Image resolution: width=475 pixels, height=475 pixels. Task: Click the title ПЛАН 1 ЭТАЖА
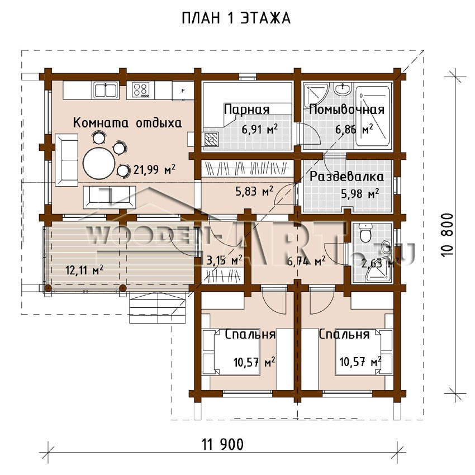pyautogui.click(x=237, y=18)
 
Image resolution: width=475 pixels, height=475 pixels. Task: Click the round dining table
pyautogui.click(x=99, y=163)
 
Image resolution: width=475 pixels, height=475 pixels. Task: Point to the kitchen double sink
pyautogui.click(x=105, y=89)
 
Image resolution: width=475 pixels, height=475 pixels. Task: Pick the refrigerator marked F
pyautogui.click(x=182, y=89)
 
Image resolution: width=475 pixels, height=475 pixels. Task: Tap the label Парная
pyautogui.click(x=246, y=110)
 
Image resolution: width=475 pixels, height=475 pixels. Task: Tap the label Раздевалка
pyautogui.click(x=346, y=177)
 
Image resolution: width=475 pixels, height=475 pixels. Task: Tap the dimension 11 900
pyautogui.click(x=222, y=445)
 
